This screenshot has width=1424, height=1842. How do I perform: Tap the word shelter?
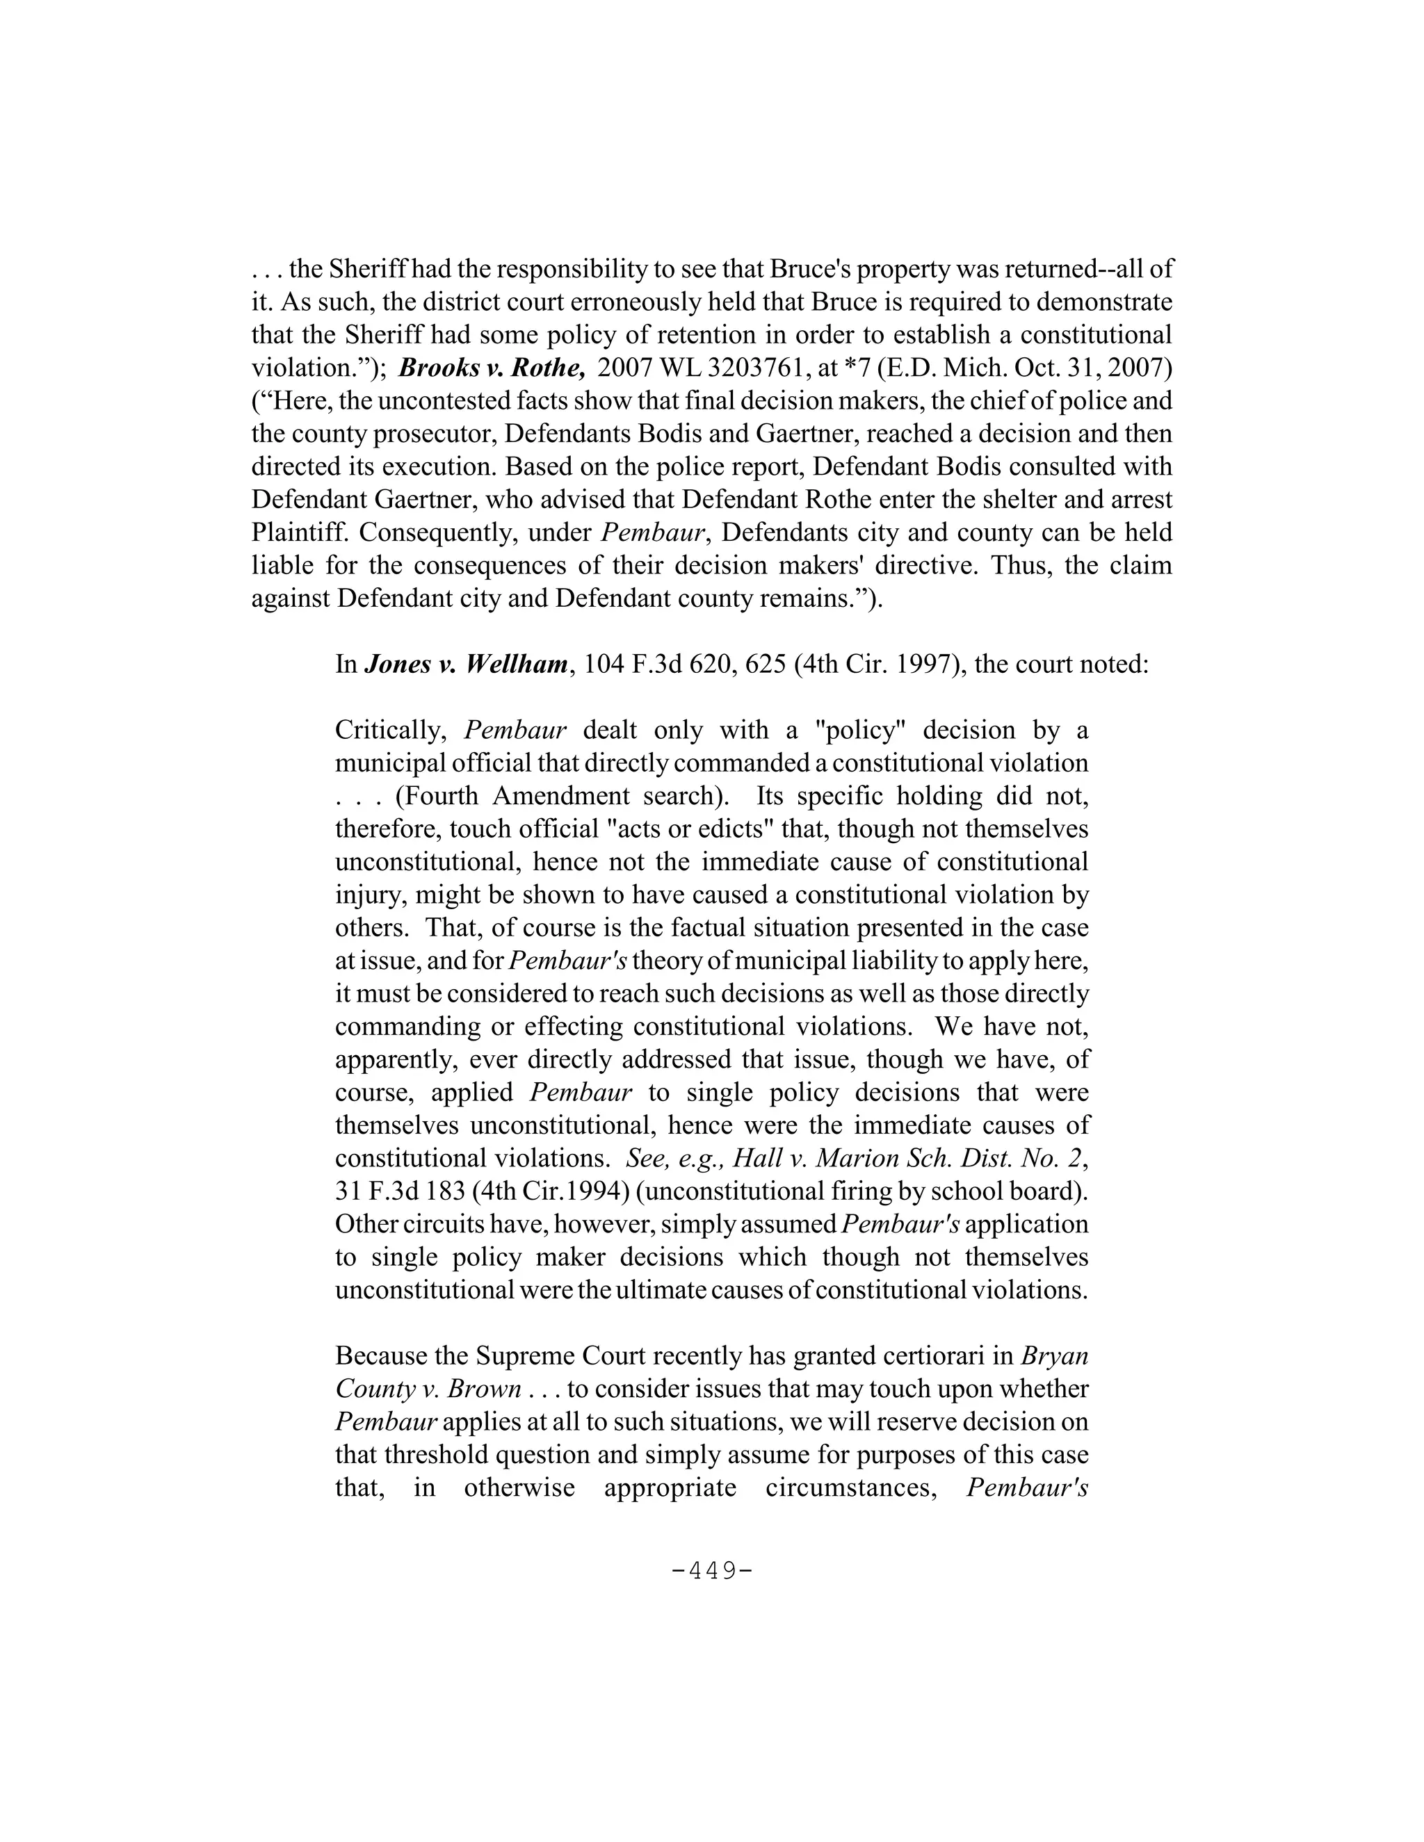coord(994,499)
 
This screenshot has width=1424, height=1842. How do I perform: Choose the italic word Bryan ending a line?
coord(1055,1356)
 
